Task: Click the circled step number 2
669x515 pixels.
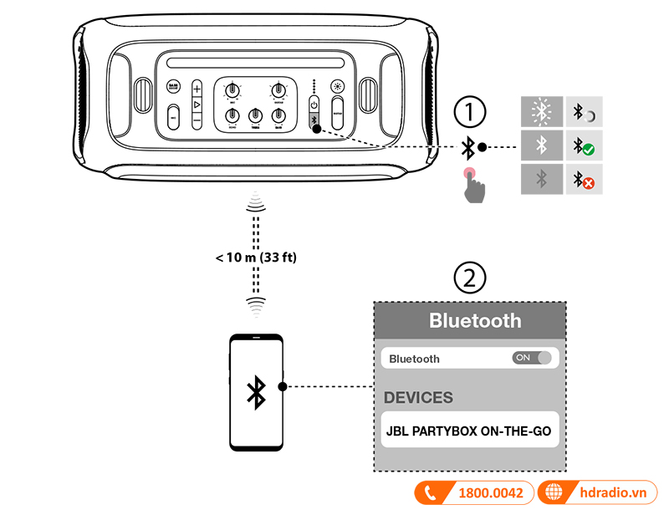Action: [469, 278]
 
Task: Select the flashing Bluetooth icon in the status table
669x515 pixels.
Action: [542, 111]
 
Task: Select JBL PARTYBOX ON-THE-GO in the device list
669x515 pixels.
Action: [468, 431]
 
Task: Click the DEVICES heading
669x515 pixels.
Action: [418, 397]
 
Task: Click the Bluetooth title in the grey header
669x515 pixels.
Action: [474, 320]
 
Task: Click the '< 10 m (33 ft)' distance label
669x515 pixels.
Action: [256, 257]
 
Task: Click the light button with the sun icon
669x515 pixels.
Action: [337, 86]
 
